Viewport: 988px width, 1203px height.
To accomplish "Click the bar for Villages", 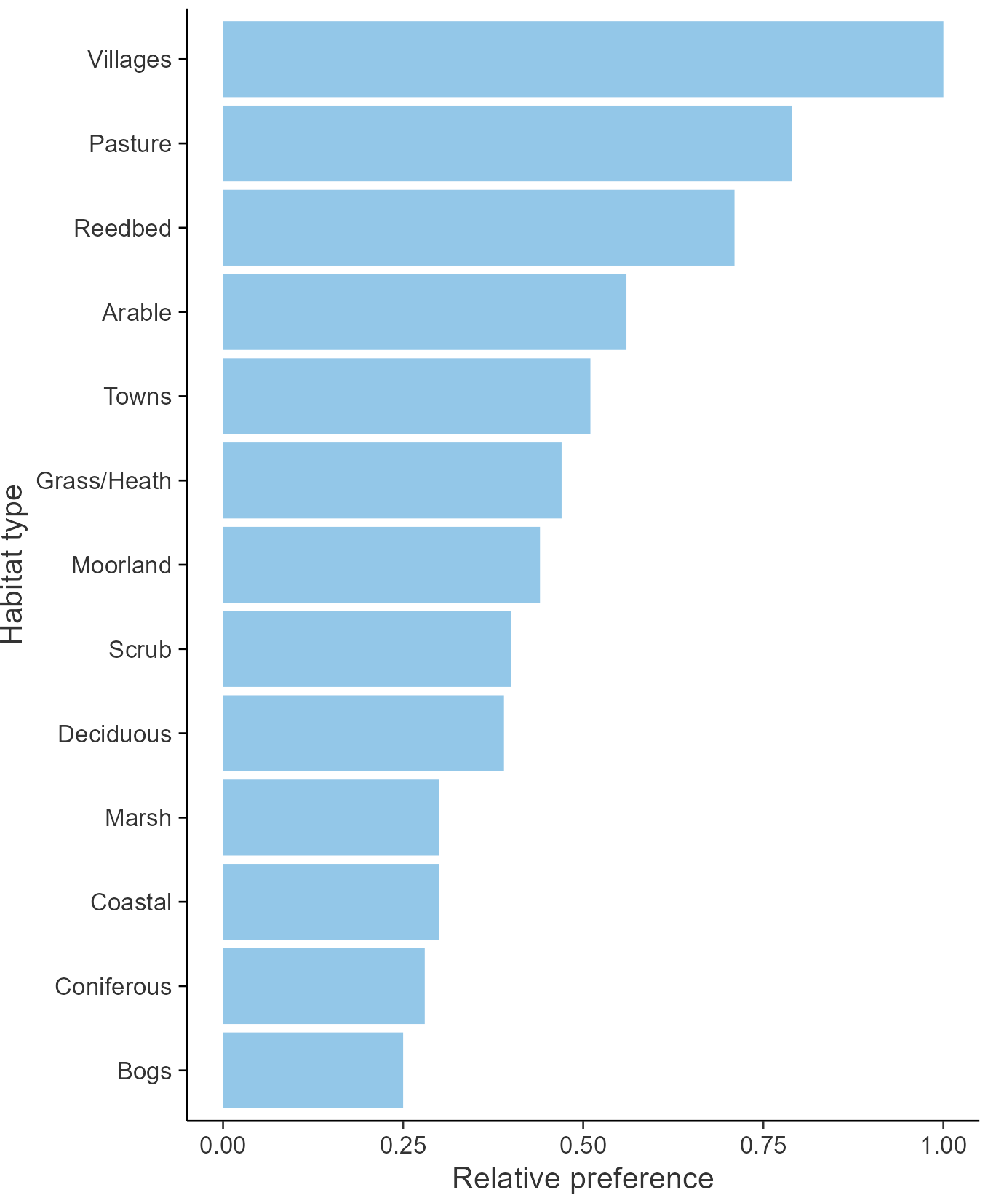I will [x=582, y=59].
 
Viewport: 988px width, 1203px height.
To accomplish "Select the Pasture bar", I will [x=507, y=143].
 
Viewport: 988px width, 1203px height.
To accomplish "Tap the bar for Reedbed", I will [x=478, y=228].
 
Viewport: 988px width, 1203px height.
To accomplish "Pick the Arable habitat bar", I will [x=424, y=312].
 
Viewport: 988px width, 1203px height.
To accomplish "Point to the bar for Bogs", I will [x=313, y=1070].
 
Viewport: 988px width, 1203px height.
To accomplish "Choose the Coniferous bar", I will [x=323, y=986].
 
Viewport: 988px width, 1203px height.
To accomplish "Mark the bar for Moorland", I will [x=381, y=565].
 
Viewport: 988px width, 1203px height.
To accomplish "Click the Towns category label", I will [x=138, y=397].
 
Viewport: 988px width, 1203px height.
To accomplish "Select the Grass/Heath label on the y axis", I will [x=104, y=481].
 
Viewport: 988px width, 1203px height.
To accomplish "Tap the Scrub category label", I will [x=140, y=649].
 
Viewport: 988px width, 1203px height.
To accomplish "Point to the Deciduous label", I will [x=115, y=734].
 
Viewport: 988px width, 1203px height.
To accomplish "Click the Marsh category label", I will [x=138, y=818].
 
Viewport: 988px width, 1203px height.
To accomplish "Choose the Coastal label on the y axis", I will [x=131, y=902].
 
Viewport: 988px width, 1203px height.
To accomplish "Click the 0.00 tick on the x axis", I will [x=223, y=1145].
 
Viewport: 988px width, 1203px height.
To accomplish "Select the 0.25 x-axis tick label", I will [x=402, y=1145].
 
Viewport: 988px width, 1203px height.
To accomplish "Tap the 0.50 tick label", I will [x=583, y=1145].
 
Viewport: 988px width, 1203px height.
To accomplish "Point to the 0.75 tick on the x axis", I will [x=763, y=1145].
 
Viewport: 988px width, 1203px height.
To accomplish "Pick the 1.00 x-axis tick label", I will [x=944, y=1145].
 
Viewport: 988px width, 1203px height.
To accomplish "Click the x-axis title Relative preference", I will [x=583, y=1178].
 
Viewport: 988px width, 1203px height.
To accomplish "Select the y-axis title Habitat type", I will [x=13, y=565].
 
